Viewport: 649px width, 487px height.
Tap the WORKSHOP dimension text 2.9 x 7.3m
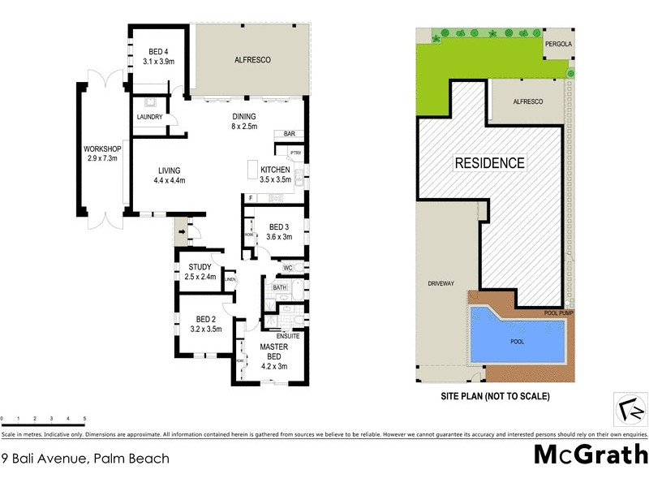pyautogui.click(x=101, y=159)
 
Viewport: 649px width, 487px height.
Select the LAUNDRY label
pyautogui.click(x=149, y=117)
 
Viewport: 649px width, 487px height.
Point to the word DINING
pyautogui.click(x=244, y=116)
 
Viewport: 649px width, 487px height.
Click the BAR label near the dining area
pyautogui.click(x=288, y=134)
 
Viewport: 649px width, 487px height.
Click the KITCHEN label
pyautogui.click(x=274, y=170)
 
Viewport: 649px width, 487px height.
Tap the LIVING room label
pyautogui.click(x=170, y=170)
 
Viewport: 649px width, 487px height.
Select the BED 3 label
pyautogui.click(x=279, y=226)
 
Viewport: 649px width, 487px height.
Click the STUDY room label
pyautogui.click(x=200, y=267)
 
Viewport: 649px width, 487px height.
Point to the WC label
pyautogui.click(x=287, y=268)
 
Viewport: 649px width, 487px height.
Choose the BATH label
pyautogui.click(x=280, y=287)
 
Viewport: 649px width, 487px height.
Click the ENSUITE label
pyautogui.click(x=288, y=335)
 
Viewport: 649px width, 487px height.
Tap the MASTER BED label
pyautogui.click(x=274, y=351)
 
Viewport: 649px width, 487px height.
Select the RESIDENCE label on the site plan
pyautogui.click(x=489, y=162)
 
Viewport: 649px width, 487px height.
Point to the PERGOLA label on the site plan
pyautogui.click(x=558, y=45)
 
